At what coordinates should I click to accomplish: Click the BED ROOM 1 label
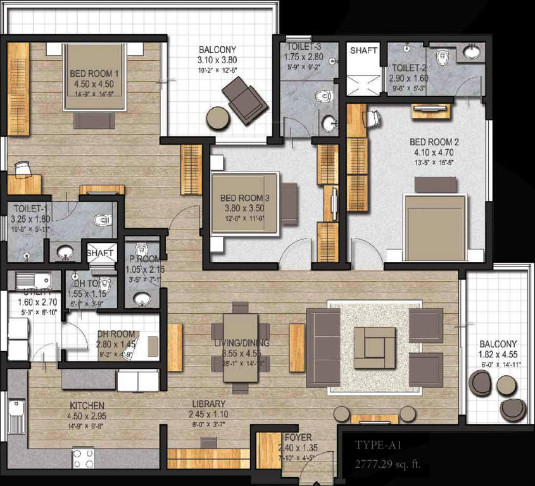94,74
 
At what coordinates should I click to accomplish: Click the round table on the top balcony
218,118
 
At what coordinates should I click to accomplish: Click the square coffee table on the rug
374,347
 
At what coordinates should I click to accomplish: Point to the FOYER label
296,437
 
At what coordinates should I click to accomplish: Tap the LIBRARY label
209,404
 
